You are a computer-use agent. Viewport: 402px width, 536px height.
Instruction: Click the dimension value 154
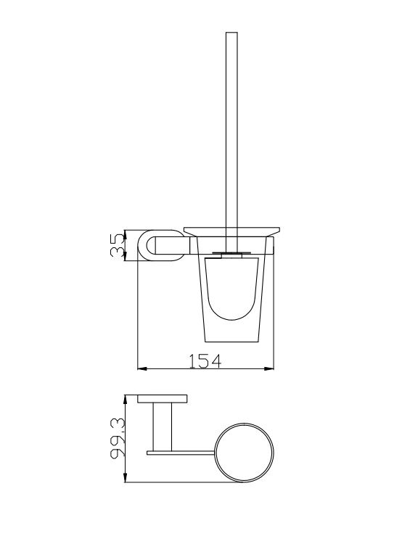point(205,360)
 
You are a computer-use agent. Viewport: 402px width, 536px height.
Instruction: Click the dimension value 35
point(117,245)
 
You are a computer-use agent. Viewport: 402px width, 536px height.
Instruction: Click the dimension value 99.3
point(117,438)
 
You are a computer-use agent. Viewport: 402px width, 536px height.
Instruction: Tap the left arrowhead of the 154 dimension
point(142,369)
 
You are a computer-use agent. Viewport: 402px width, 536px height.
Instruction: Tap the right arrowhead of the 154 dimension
point(270,369)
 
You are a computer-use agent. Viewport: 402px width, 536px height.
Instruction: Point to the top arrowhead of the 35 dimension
point(126,234)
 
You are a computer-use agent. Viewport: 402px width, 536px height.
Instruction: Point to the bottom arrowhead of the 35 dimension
point(126,256)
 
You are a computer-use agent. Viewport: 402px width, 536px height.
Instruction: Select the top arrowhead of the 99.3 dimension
point(126,400)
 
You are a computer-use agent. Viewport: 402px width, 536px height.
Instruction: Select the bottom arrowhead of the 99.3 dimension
point(126,477)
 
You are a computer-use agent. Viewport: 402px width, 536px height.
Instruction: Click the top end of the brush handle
point(231,33)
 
